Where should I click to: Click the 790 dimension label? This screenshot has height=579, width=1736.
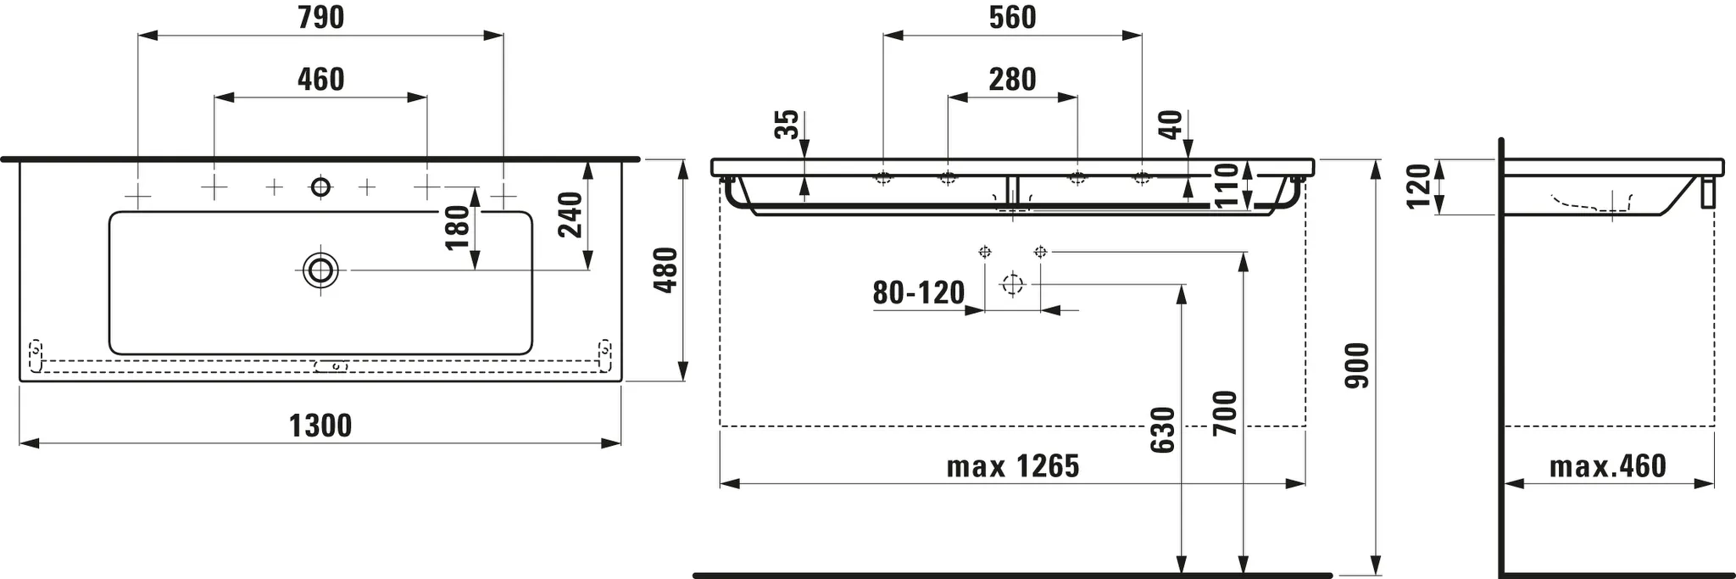pyautogui.click(x=320, y=18)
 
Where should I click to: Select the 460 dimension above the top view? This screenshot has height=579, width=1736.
pyautogui.click(x=320, y=80)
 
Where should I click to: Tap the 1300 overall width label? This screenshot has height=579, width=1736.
pyautogui.click(x=320, y=426)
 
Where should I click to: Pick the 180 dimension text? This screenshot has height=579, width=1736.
pyautogui.click(x=457, y=227)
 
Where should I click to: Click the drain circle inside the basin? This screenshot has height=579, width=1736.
pyautogui.click(x=321, y=270)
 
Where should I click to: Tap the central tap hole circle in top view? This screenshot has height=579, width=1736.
pyautogui.click(x=320, y=187)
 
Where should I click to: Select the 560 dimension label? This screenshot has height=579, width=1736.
pyautogui.click(x=1012, y=18)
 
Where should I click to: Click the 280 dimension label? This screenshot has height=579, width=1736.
pyautogui.click(x=1012, y=80)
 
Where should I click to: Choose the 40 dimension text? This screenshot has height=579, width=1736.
pyautogui.click(x=1171, y=125)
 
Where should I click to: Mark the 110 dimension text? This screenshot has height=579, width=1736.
pyautogui.click(x=1226, y=187)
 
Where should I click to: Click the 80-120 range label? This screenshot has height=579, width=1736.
pyautogui.click(x=918, y=293)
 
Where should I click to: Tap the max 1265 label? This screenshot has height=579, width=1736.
pyautogui.click(x=1012, y=466)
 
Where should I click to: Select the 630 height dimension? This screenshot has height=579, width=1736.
pyautogui.click(x=1164, y=430)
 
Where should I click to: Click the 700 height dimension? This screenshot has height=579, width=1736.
pyautogui.click(x=1225, y=413)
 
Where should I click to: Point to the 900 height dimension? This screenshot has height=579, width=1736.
pyautogui.click(x=1357, y=365)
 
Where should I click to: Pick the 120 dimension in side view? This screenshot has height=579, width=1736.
pyautogui.click(x=1418, y=186)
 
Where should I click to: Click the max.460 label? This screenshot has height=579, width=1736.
pyautogui.click(x=1607, y=466)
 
